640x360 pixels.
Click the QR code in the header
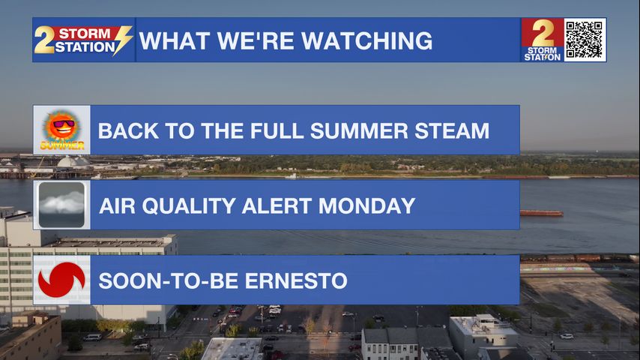pos(585,40)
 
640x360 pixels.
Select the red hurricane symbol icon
pos(61,280)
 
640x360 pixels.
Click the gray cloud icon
pos(61,205)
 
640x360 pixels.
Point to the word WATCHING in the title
pos(367,40)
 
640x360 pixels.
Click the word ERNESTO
pos(296,281)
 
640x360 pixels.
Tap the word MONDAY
pos(367,205)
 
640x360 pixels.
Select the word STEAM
pos(452,131)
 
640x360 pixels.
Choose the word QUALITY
pos(188,205)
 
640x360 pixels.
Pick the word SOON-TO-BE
pos(169,281)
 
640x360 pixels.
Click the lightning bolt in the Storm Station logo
pos(123,40)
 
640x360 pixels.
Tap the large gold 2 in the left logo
pos(44,40)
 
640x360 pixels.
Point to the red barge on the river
pos(541,213)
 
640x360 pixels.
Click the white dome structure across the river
pos(73,162)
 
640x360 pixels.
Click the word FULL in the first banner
pos(277,131)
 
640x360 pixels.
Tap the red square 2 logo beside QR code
pos(543,40)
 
